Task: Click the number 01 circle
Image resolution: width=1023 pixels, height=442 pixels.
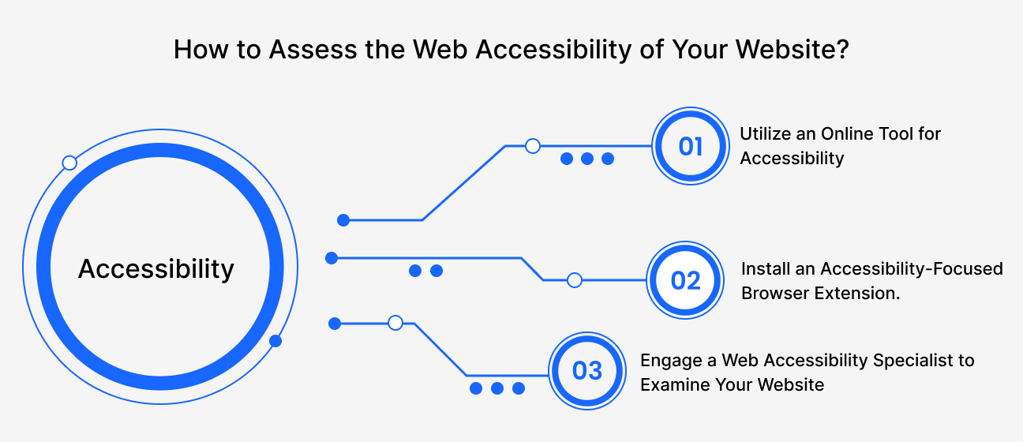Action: [x=690, y=146]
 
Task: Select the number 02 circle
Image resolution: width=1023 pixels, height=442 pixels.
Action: [x=685, y=280]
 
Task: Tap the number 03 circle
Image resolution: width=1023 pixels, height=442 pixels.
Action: [x=586, y=370]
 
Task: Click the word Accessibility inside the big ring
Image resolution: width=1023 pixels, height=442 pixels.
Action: [x=156, y=269]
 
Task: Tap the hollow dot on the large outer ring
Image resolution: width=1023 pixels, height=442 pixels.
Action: [x=69, y=163]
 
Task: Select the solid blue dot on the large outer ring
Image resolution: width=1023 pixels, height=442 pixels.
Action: [x=275, y=341]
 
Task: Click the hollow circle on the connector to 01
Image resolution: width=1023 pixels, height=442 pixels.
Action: [x=533, y=146]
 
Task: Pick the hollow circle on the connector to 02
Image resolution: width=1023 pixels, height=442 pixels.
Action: [x=575, y=280]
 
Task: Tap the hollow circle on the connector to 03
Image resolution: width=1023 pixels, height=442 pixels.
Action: [x=395, y=323]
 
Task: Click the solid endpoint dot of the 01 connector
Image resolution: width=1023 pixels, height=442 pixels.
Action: [x=343, y=220]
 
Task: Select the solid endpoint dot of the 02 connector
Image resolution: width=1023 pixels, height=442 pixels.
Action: [x=332, y=258]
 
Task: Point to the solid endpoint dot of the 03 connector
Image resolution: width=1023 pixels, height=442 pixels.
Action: [x=335, y=323]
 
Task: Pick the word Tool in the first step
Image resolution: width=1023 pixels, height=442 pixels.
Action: [x=894, y=133]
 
